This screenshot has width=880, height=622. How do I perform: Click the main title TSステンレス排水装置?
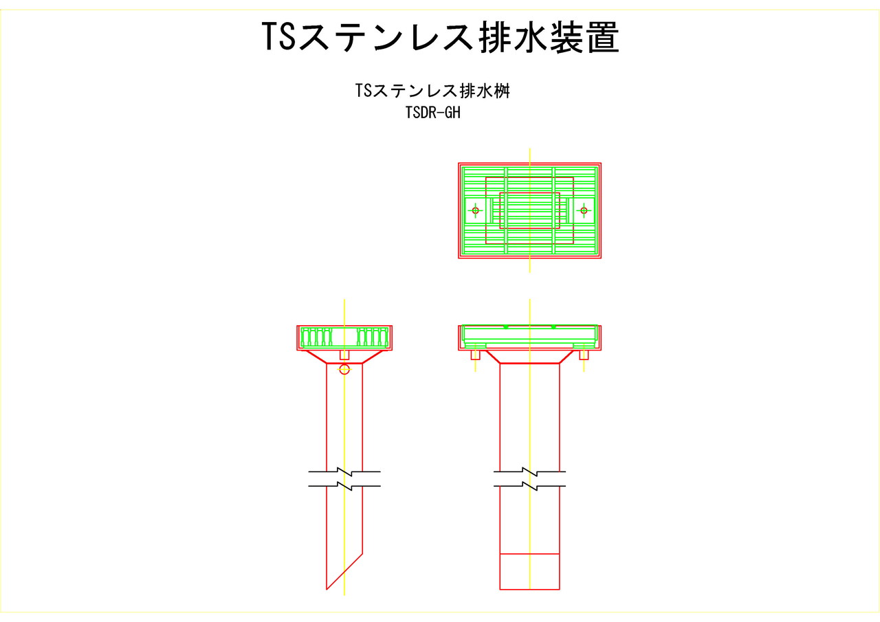click(x=441, y=37)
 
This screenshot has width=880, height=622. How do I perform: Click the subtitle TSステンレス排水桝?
click(x=432, y=91)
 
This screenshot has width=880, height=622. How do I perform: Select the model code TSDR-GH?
click(x=432, y=113)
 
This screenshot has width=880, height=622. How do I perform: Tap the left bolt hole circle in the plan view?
click(x=475, y=210)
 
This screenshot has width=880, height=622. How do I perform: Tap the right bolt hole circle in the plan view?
click(x=584, y=210)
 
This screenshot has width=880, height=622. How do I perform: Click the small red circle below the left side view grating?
click(x=344, y=369)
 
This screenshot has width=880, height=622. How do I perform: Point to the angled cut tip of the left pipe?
click(x=327, y=589)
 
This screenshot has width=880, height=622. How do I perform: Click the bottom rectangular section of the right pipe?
click(x=529, y=571)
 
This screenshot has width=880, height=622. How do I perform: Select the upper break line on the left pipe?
click(x=344, y=471)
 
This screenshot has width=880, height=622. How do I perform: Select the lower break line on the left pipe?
click(x=344, y=486)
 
